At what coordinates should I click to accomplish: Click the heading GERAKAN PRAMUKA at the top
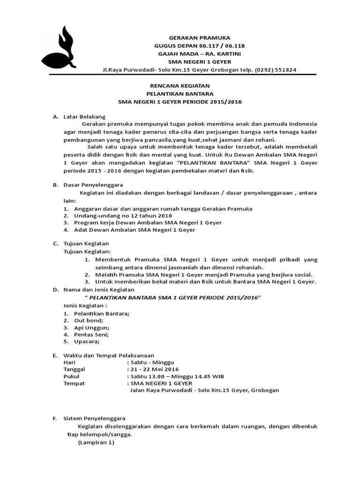(x=199, y=37)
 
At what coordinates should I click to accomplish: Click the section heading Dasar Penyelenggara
(x=93, y=185)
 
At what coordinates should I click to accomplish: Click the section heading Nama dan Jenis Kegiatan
(x=98, y=290)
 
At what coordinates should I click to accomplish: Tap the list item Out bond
(x=85, y=320)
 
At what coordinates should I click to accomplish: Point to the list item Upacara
(x=86, y=342)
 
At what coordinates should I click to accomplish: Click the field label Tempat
(x=74, y=383)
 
